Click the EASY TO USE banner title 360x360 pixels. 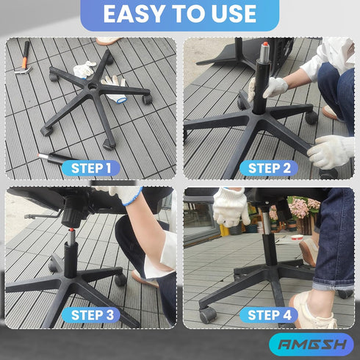[x=180, y=14]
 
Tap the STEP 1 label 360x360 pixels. [x=91, y=168]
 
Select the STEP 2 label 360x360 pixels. [x=269, y=168]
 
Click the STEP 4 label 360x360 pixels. [x=269, y=315]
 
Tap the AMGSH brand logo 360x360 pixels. [x=312, y=345]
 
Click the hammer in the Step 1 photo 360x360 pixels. [x=24, y=59]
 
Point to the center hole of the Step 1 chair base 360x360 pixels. [x=93, y=86]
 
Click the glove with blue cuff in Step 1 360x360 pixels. [x=115, y=90]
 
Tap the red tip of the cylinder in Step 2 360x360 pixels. [x=265, y=44]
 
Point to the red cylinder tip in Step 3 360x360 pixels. [x=71, y=230]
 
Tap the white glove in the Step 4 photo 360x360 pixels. [x=231, y=207]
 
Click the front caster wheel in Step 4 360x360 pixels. [x=208, y=314]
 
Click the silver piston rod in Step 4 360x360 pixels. [x=267, y=223]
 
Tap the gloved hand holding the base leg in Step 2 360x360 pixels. [x=331, y=152]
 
